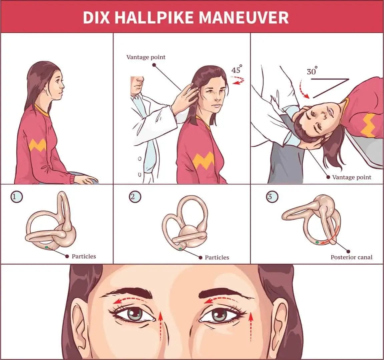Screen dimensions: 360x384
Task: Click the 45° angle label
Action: pos(237,70)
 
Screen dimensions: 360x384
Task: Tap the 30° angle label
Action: pos(312,71)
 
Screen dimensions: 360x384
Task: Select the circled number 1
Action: pos(15,197)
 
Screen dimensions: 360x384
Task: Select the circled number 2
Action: pos(134,197)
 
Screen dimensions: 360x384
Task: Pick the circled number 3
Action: pos(271,197)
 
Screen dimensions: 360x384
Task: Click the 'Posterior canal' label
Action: pos(351,257)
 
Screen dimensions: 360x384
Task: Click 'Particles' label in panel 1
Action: pos(84,256)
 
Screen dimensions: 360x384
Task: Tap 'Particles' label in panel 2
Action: pos(217,257)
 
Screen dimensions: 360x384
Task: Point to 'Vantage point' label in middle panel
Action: pos(146,57)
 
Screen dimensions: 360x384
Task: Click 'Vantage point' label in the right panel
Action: pos(352,177)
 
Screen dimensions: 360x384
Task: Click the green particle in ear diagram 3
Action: pos(317,242)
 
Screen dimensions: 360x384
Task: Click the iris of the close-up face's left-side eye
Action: pos(135,314)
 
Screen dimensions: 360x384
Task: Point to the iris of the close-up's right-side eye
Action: pos(219,315)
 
